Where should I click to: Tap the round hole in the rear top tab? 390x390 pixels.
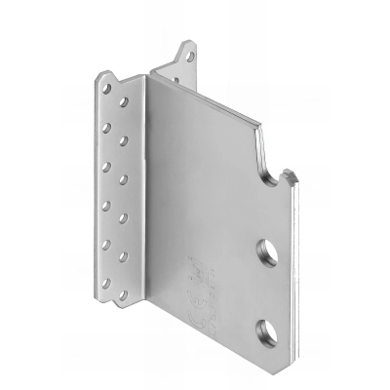(189, 57)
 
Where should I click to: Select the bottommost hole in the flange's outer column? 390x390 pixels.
(105, 290)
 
